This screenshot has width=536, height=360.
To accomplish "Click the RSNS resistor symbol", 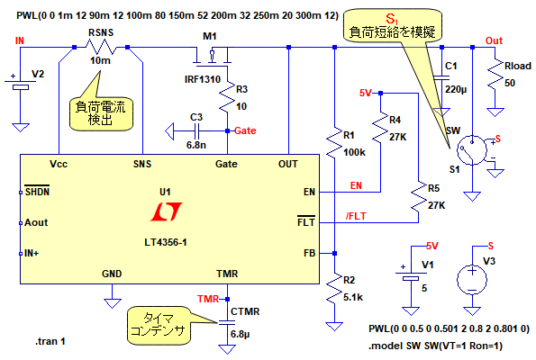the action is (x=101, y=47).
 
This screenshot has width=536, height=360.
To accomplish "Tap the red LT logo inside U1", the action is (x=166, y=211).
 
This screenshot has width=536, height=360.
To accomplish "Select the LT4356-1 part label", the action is (x=166, y=242).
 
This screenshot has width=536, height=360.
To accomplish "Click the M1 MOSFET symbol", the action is (x=212, y=55).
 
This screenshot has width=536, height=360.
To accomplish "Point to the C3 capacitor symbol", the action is (x=197, y=130).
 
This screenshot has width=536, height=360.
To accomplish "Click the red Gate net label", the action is (x=245, y=130).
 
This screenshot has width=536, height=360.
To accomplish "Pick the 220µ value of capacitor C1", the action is (x=456, y=89).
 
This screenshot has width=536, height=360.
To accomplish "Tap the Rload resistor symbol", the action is (x=495, y=76).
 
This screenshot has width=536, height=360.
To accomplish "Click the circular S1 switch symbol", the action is (x=472, y=150).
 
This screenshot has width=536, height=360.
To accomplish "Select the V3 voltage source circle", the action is (x=472, y=280).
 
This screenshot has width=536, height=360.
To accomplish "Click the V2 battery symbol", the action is (x=20, y=85).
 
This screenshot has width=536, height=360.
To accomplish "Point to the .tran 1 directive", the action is (x=50, y=341).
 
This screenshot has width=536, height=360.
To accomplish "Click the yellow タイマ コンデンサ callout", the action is (x=159, y=325).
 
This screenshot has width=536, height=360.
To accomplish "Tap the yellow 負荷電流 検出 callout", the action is (x=101, y=113).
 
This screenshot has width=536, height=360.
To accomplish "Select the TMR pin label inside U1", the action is (x=227, y=274).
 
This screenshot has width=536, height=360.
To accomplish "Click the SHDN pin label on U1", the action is (x=37, y=192).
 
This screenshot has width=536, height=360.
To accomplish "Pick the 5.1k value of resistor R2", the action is (x=353, y=298).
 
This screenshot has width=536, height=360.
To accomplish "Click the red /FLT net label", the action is (x=356, y=216).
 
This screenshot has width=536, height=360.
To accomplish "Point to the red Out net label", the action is (x=494, y=40).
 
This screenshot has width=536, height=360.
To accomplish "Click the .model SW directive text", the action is (x=435, y=346).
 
